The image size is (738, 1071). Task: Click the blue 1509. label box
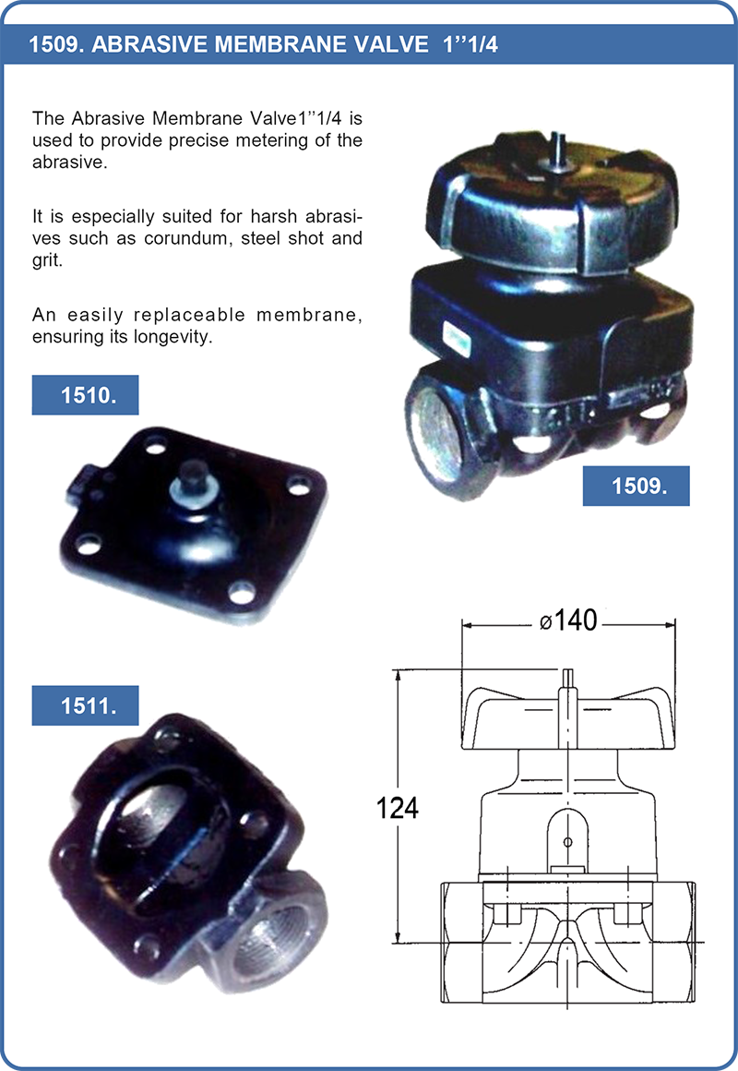pos(636,486)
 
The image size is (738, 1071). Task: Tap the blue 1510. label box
pos(85,395)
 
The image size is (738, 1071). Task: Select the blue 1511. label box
pos(85,705)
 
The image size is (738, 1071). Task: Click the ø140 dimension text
pos(568,620)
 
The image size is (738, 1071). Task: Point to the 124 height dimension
pos(398,808)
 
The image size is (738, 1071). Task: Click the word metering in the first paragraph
pos(268,140)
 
